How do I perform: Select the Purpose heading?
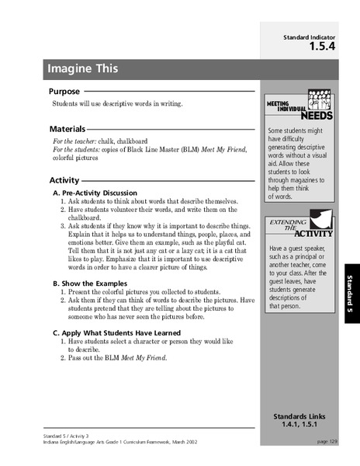click(70, 92)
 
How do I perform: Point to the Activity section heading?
click(64, 180)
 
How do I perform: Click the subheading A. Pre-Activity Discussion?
click(95, 192)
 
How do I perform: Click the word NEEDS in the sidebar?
click(317, 116)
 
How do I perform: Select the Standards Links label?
click(299, 416)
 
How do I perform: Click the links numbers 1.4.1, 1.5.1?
click(299, 426)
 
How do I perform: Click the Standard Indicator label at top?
click(308, 36)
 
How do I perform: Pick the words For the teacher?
click(77, 142)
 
